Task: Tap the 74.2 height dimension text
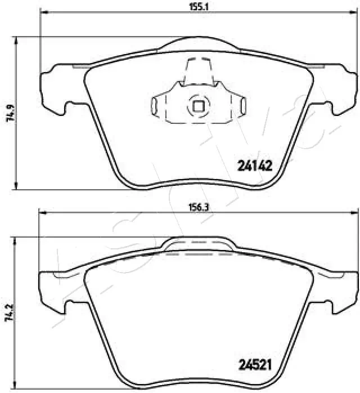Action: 7,314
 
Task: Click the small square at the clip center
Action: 198,105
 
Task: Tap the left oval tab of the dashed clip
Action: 156,105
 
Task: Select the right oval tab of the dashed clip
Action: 241,105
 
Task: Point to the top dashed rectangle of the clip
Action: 198,69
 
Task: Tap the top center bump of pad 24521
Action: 199,244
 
